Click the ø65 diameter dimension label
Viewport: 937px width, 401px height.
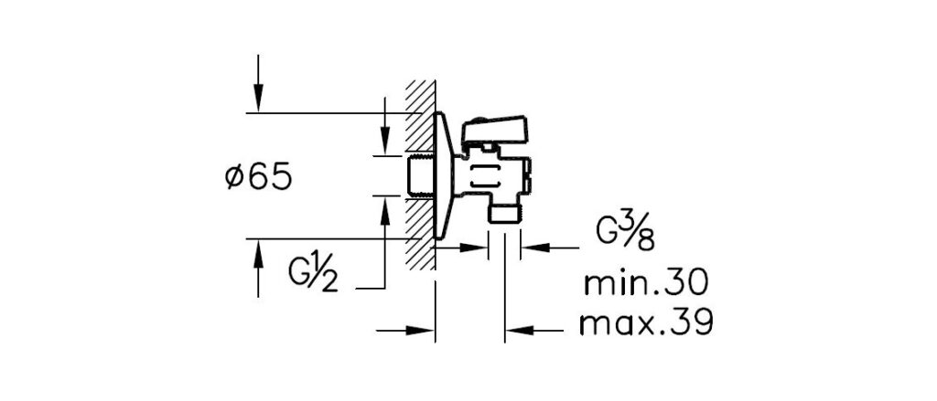(258, 177)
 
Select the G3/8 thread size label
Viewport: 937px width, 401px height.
(626, 233)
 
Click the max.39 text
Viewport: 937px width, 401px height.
(646, 323)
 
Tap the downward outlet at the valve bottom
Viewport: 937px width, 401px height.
(505, 212)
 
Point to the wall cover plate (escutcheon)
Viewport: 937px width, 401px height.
(442, 175)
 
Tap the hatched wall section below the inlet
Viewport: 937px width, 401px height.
(420, 233)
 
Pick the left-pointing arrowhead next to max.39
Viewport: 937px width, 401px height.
(520, 330)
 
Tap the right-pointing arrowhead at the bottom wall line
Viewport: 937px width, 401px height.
(420, 330)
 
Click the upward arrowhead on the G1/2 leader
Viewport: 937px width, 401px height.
(385, 211)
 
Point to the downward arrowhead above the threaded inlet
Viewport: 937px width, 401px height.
(385, 141)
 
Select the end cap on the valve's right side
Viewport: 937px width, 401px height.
(528, 176)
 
